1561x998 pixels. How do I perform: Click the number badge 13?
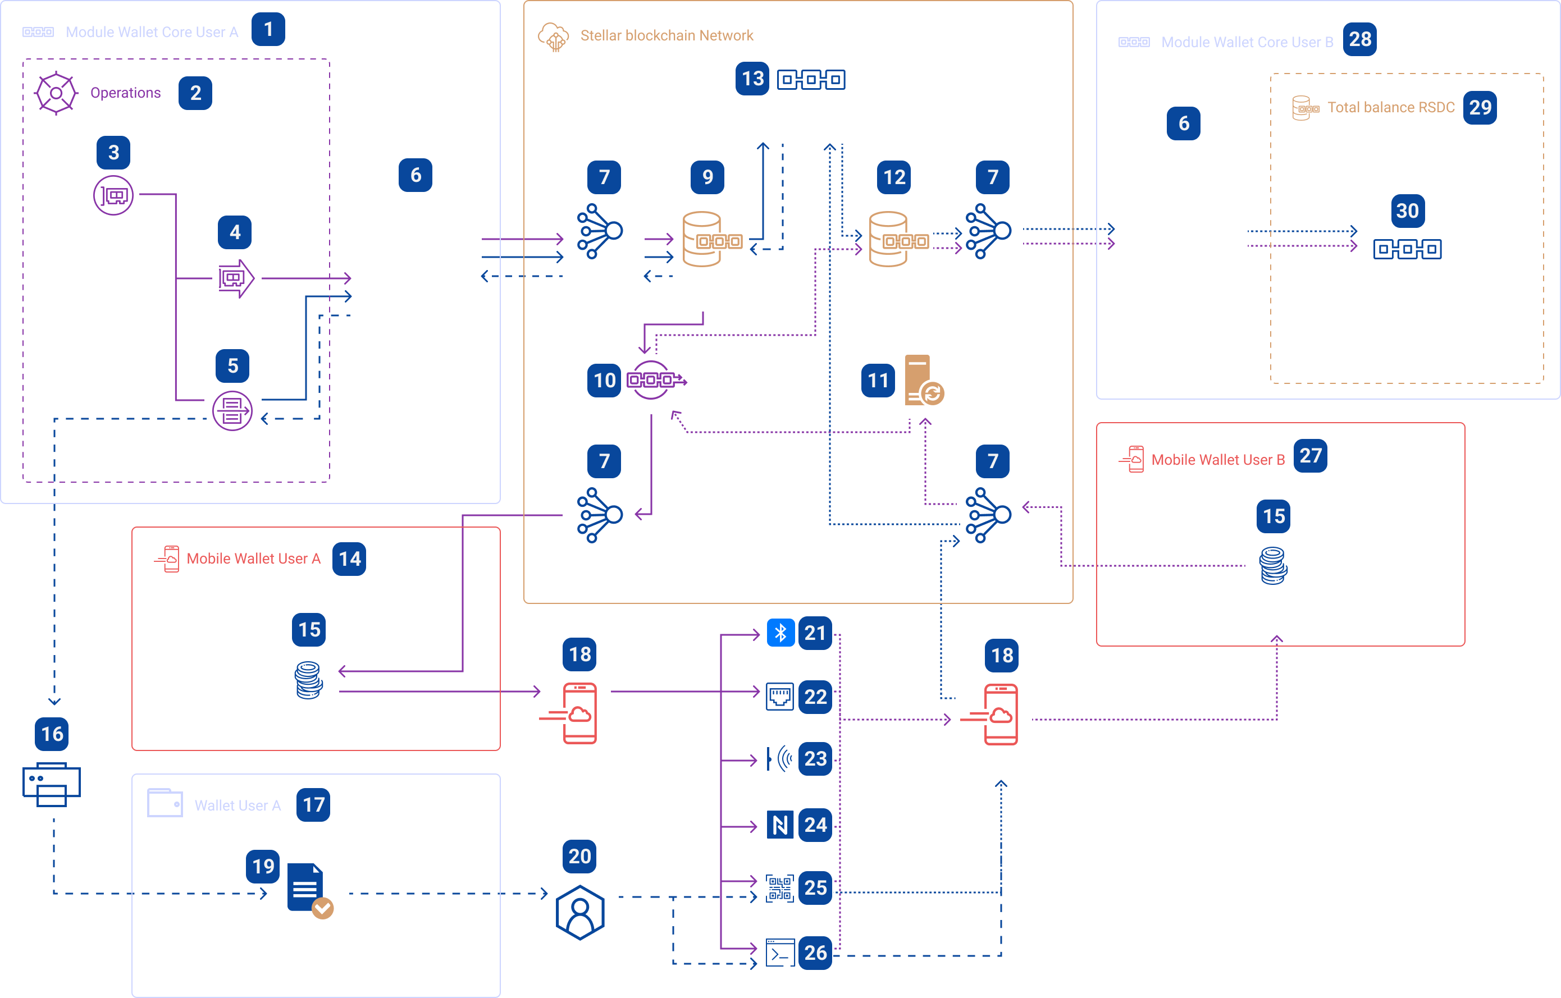(752, 79)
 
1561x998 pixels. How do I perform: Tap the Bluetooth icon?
(780, 633)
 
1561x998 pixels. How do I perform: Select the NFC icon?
(780, 825)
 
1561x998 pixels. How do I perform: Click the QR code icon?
(779, 888)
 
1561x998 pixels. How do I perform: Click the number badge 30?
(1407, 210)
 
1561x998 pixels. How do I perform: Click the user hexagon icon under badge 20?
(580, 912)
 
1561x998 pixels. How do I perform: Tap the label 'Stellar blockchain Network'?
(667, 36)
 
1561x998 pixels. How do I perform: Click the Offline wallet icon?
(235, 278)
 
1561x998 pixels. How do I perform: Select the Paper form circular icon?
(232, 410)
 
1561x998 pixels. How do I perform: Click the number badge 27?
(1310, 456)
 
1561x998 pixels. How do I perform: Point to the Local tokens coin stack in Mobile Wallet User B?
(1273, 566)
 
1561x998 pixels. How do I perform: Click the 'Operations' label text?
(125, 93)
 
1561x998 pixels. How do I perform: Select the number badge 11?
(878, 380)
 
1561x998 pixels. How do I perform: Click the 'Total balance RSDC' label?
(1390, 108)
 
